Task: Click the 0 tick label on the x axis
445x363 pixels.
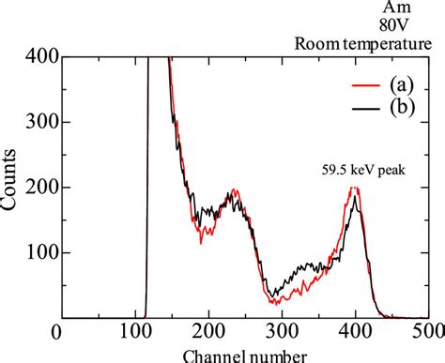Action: (57, 335)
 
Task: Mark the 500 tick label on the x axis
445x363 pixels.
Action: (432, 335)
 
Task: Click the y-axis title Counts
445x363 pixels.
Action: (11, 188)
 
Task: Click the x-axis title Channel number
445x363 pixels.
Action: (245, 355)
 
